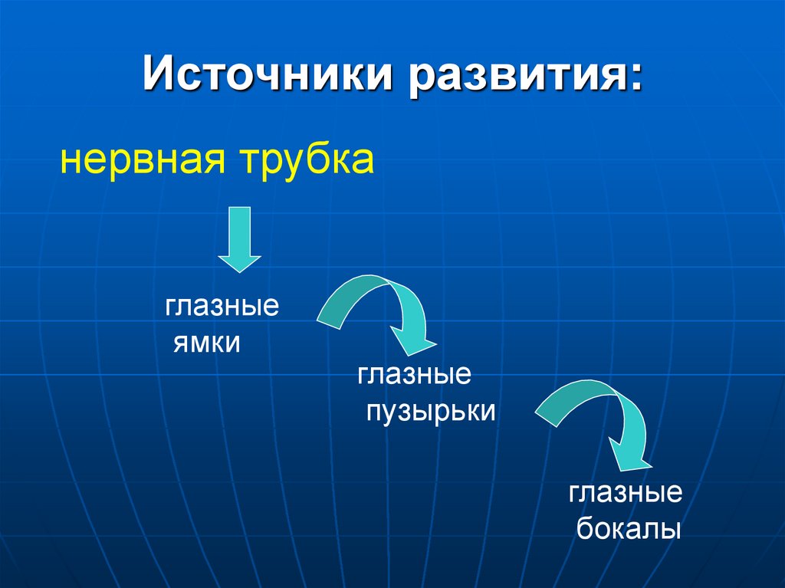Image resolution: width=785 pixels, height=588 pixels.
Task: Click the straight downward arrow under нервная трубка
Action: point(240,238)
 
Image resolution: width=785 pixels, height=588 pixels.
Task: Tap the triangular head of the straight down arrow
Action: point(240,260)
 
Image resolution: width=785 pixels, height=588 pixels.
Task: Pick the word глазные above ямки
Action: point(221,308)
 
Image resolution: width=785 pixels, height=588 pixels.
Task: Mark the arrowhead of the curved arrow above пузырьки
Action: point(414,337)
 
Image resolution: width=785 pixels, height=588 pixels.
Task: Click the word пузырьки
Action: point(430,411)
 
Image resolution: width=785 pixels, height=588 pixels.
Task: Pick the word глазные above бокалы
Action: point(625,493)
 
